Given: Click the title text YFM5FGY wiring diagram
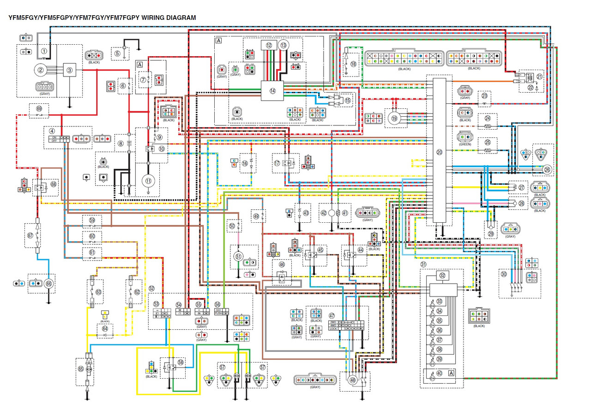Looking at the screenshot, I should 102,18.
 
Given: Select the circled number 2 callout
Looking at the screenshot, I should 41,70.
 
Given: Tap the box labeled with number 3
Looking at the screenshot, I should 70,70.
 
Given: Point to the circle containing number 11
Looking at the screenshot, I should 148,181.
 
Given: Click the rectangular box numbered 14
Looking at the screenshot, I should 272,91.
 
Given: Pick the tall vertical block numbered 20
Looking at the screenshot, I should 439,152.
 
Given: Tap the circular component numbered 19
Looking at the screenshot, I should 394,118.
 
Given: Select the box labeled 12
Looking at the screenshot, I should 268,45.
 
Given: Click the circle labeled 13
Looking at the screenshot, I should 283,45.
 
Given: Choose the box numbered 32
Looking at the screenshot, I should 443,276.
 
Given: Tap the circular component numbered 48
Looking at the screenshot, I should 353,381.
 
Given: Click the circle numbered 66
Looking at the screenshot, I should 49,284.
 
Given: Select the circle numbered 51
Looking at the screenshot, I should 238,257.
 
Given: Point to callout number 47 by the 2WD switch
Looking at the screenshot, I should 332,316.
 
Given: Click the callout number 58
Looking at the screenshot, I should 181,363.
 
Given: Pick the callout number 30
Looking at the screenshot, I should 503,274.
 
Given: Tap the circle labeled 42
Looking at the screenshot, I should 324,213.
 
